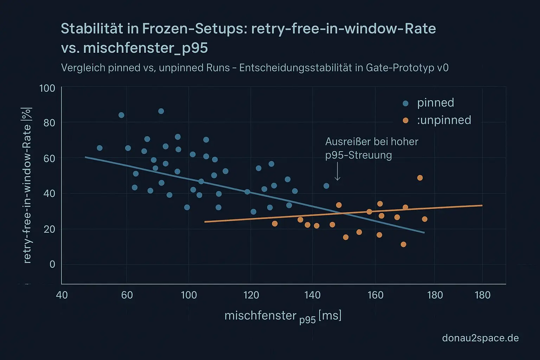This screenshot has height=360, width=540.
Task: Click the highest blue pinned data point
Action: [161, 111]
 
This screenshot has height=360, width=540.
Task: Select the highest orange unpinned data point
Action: [420, 178]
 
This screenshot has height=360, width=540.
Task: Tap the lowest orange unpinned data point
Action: [403, 244]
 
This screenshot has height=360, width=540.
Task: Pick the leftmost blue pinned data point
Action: [99, 148]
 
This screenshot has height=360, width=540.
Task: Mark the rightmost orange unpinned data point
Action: [424, 219]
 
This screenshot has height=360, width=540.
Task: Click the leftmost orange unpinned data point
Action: [275, 224]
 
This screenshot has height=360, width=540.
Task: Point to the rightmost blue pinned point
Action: [326, 186]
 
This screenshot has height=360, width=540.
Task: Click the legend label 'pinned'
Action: [435, 103]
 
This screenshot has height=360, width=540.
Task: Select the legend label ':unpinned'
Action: [444, 120]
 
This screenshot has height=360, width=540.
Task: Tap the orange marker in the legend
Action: [405, 121]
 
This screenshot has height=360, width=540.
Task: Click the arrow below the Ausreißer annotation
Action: [337, 172]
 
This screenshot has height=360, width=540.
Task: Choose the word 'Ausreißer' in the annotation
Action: [346, 142]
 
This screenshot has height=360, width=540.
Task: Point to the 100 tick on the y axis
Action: [47, 88]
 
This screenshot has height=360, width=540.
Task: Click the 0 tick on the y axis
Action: [52, 264]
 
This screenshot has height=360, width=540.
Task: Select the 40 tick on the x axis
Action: [62, 295]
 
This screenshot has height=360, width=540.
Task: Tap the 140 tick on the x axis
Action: [313, 295]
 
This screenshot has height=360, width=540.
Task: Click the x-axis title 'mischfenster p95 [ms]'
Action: [283, 316]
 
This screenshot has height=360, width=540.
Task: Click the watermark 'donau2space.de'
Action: [480, 338]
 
